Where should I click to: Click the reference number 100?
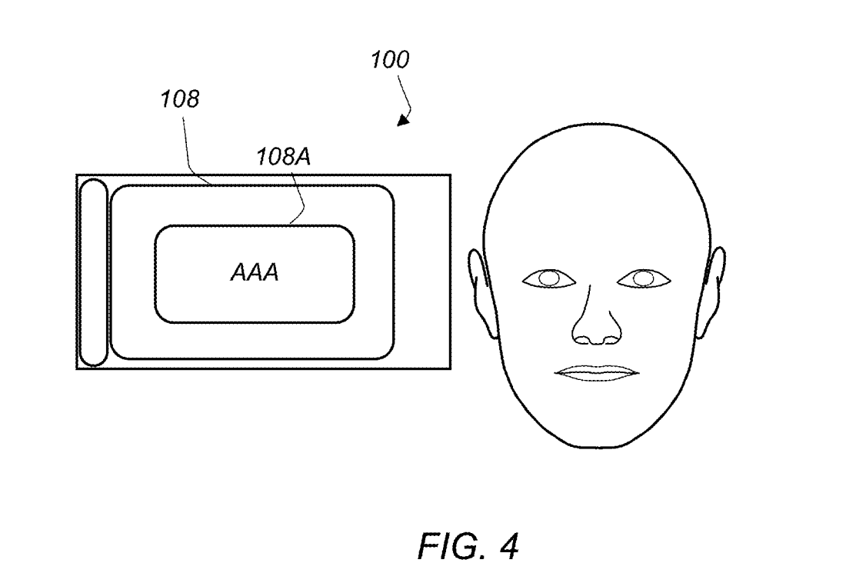click(390, 59)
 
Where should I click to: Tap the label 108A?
click(283, 157)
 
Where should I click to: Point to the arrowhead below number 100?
click(404, 120)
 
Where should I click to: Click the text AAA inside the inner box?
click(255, 272)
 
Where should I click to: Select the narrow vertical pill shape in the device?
click(93, 272)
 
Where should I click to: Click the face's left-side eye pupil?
click(549, 278)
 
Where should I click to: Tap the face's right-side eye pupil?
click(643, 278)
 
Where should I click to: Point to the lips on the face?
click(598, 373)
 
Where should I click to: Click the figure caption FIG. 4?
click(468, 546)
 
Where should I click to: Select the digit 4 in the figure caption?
click(508, 546)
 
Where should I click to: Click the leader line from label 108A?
click(299, 197)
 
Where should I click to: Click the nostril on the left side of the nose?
click(583, 339)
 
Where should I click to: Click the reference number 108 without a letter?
click(180, 98)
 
